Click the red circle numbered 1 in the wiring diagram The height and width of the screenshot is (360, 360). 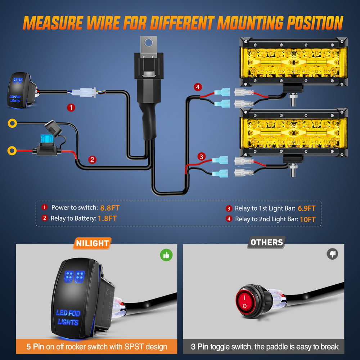(x=71, y=107)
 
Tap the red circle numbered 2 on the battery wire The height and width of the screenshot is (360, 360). (x=92, y=160)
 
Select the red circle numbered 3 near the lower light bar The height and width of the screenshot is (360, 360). (x=201, y=157)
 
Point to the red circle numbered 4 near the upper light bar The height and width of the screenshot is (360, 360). (x=198, y=87)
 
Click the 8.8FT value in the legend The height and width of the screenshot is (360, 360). (x=110, y=208)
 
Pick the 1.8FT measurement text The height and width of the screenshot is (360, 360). (x=107, y=219)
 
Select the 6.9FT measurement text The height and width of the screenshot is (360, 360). (x=306, y=208)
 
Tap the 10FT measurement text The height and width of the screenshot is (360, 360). (x=308, y=220)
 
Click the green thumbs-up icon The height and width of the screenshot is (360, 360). (x=166, y=255)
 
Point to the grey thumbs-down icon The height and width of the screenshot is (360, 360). (x=332, y=254)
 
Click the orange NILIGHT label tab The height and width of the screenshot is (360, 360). (x=92, y=243)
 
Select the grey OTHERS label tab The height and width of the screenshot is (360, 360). (x=266, y=242)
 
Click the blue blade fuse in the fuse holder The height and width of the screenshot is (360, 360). (x=46, y=139)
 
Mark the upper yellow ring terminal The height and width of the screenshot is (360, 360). (x=12, y=123)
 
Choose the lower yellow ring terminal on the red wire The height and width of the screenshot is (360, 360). (x=12, y=151)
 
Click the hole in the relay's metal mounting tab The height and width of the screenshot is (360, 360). (x=149, y=42)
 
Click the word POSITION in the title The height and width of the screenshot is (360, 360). (x=315, y=23)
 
